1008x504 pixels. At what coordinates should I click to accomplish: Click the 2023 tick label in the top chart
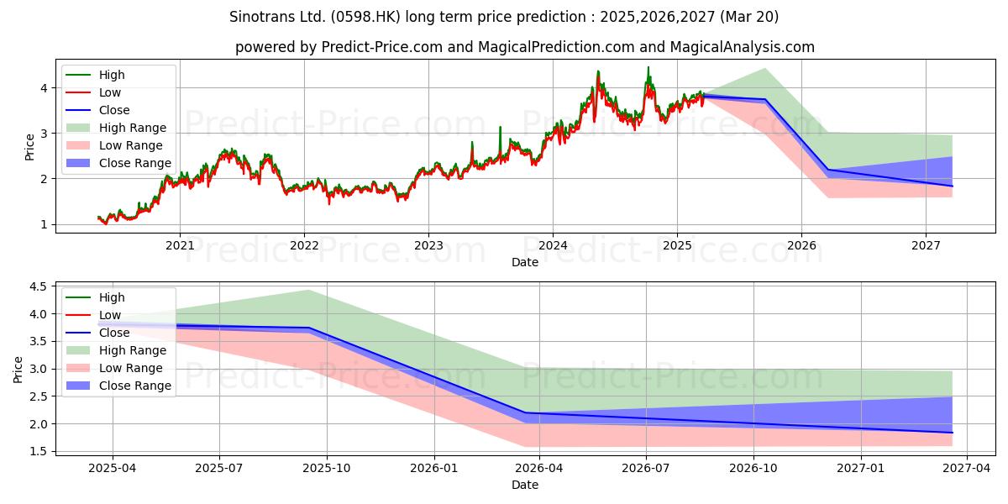click(x=428, y=245)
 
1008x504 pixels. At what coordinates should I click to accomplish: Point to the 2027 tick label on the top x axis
click(x=926, y=245)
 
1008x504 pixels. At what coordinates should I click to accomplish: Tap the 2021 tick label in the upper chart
click(x=180, y=245)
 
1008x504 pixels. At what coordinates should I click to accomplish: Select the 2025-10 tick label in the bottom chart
click(x=327, y=469)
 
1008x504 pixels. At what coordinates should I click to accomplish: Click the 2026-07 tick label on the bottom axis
click(x=646, y=469)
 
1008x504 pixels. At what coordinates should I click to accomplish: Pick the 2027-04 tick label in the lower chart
click(x=967, y=469)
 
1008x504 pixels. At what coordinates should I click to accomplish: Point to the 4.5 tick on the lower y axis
click(x=39, y=286)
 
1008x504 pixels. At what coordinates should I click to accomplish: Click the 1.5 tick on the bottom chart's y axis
click(x=39, y=451)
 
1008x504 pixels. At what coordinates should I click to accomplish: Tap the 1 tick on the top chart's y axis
click(x=44, y=224)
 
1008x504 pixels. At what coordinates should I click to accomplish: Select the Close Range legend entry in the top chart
click(x=118, y=163)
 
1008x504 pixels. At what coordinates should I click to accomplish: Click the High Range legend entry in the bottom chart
click(x=116, y=350)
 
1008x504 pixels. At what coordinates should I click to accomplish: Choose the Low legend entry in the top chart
click(x=93, y=92)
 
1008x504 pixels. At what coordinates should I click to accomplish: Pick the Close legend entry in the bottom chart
click(x=97, y=333)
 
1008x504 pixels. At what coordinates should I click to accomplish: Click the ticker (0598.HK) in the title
click(x=365, y=17)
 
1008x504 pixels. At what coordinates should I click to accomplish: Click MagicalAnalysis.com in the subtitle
click(x=742, y=47)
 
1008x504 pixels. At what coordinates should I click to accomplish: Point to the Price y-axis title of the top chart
click(x=29, y=147)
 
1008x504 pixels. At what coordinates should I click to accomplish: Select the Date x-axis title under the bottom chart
click(x=525, y=485)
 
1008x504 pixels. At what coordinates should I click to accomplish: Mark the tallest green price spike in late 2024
click(x=648, y=67)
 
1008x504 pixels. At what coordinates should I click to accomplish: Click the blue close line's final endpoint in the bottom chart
click(x=953, y=433)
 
